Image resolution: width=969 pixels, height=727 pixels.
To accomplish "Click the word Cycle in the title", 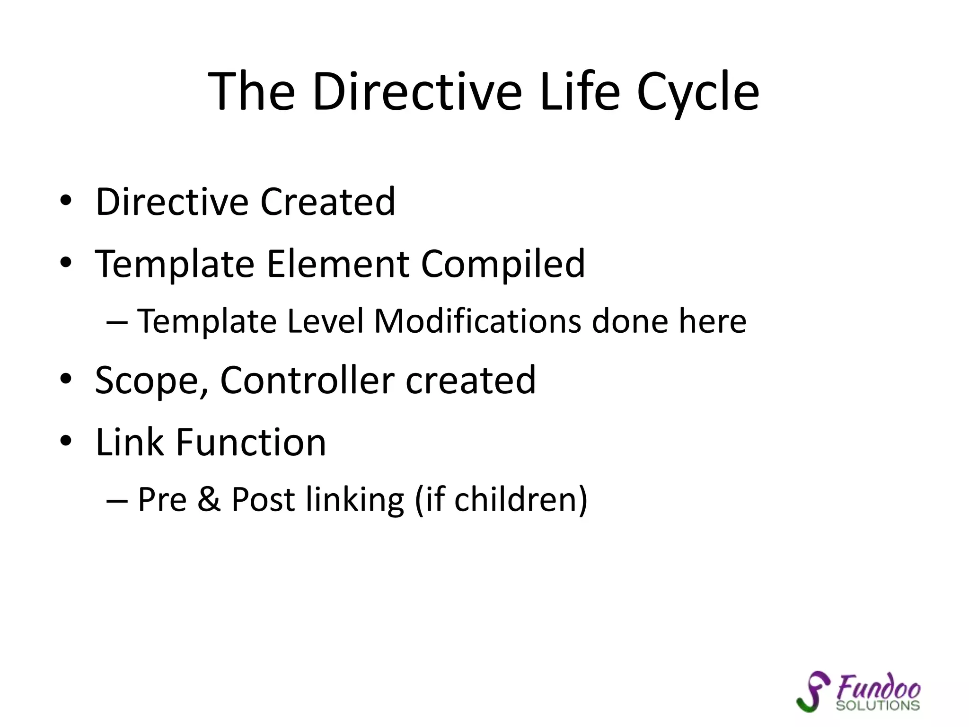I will click(x=697, y=92).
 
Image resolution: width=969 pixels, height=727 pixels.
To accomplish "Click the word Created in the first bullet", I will click(x=327, y=202).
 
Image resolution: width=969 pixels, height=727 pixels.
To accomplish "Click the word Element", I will click(x=338, y=264).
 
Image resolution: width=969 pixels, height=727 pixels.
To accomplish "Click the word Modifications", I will click(x=477, y=321).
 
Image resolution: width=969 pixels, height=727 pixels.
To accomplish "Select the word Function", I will click(x=251, y=442).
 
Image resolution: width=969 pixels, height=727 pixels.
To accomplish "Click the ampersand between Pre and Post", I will click(x=209, y=500).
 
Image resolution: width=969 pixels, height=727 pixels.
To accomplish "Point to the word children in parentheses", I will click(x=515, y=500).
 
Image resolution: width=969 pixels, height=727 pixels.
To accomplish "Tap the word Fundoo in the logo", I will click(x=878, y=687).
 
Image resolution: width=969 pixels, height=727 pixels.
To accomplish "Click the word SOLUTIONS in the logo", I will click(x=877, y=706).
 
